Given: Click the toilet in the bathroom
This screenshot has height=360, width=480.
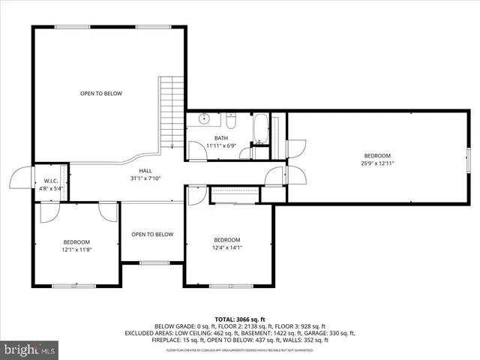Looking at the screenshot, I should (231, 121).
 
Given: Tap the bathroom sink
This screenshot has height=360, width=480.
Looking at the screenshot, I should (203, 119).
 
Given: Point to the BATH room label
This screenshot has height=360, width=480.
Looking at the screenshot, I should (220, 138).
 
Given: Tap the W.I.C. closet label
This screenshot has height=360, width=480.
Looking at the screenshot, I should (51, 181).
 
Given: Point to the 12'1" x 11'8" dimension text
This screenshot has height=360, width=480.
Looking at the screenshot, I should (76, 249).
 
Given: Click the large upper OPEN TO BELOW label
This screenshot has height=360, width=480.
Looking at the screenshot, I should (101, 94).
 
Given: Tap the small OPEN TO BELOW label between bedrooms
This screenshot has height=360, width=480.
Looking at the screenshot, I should (152, 234).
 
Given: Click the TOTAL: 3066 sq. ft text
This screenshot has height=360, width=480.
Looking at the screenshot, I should (239, 319).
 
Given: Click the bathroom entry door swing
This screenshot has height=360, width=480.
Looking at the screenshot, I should (196, 149).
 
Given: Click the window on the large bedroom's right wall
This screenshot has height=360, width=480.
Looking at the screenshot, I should (469, 158).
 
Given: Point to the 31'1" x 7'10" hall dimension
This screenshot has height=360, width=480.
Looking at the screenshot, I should (145, 178).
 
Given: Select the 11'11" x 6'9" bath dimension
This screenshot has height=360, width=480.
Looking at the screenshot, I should (220, 145).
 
